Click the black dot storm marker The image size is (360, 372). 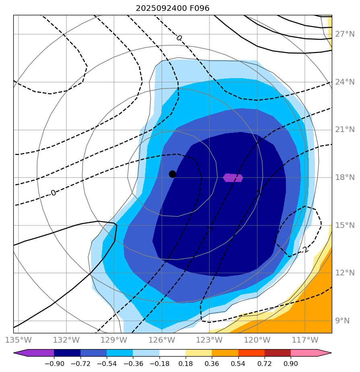click(172, 174)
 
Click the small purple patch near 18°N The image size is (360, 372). click(233, 178)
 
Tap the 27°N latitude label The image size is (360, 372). click(345, 34)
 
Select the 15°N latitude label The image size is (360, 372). click(345, 225)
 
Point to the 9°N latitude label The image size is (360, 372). click(345, 321)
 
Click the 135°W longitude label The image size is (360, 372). click(19, 340)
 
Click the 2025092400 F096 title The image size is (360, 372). click(172, 8)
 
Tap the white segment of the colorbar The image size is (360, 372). click(172, 353)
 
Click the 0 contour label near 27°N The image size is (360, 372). click(179, 38)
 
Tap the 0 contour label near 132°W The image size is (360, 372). click(53, 193)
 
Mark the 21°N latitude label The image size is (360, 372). click(345, 130)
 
